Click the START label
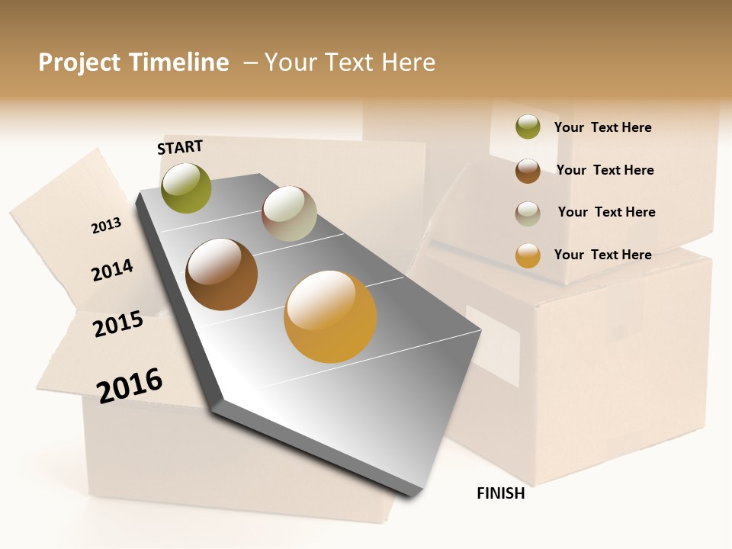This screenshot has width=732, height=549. click(180, 147)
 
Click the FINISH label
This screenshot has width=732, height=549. click(501, 493)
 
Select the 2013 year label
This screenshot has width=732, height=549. click(107, 225)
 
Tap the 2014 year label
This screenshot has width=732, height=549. click(113, 270)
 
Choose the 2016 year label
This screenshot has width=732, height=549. click(130, 385)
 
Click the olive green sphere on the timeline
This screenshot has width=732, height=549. click(186, 188)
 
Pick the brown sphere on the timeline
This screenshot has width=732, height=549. click(222, 274)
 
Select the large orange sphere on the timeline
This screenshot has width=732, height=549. click(330, 316)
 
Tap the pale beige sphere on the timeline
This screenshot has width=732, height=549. click(289, 213)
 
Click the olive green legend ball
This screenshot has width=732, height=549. click(528, 127)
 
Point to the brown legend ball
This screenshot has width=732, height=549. click(528, 171)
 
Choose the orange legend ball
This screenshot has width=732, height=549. click(528, 255)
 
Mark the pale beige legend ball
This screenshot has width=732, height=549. click(528, 213)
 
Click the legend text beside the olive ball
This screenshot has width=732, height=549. click(602, 127)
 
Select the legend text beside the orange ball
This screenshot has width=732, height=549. click(602, 255)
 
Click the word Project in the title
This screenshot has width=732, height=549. click(79, 63)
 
